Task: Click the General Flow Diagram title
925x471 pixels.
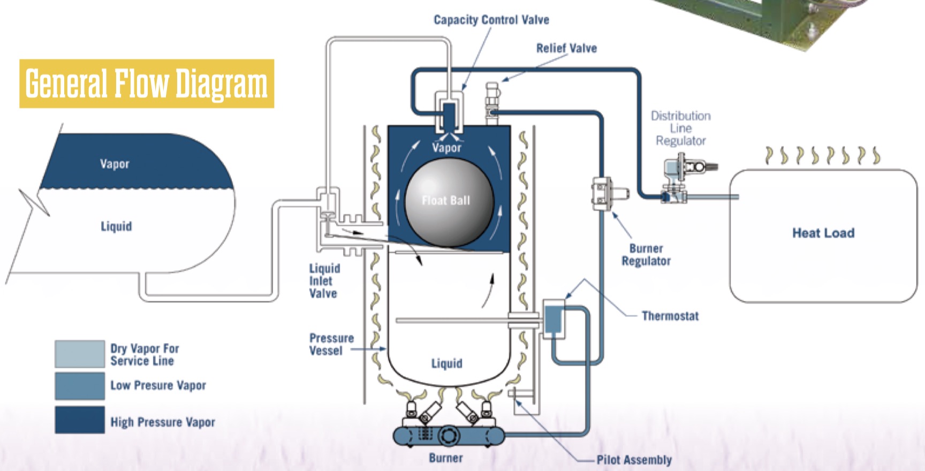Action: pos(146,84)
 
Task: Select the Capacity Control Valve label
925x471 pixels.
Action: pos(491,20)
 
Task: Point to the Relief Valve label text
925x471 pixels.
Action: pos(566,48)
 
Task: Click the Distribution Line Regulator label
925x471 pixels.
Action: pos(680,128)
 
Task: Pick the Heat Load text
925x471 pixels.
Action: pos(823,233)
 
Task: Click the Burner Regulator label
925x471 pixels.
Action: pos(646,255)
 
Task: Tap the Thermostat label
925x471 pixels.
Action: pos(670,316)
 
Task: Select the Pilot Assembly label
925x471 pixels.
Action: pos(634,460)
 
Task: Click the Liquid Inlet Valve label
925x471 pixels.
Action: pos(324,280)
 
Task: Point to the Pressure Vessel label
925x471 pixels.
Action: pos(331,344)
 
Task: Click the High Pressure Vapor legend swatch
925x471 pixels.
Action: pos(80,420)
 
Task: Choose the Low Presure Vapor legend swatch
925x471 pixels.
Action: pos(80,386)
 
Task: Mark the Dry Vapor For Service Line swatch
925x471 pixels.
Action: pos(80,354)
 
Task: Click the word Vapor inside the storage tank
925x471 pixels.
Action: pos(115,164)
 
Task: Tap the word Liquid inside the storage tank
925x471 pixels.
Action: pos(116,226)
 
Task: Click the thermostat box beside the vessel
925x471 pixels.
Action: pos(554,318)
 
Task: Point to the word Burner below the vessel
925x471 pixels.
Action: pos(445,458)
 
